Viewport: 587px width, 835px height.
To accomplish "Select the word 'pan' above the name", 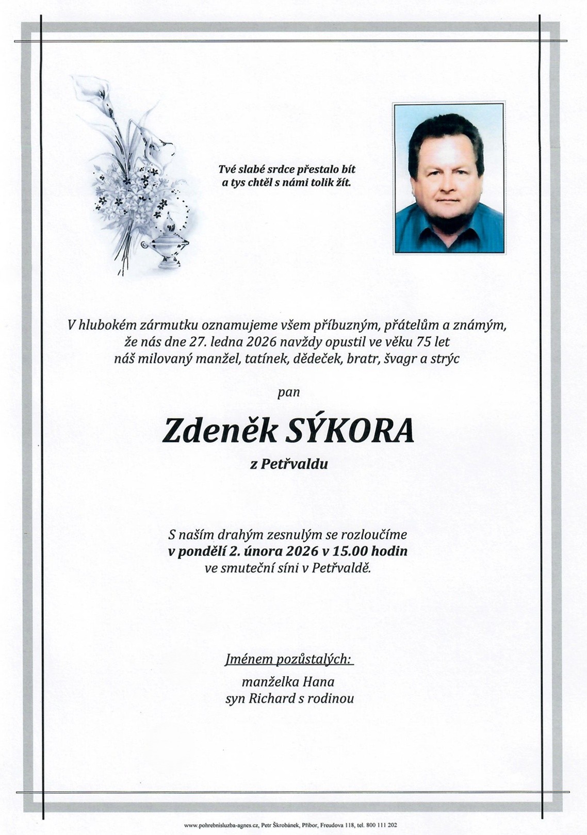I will [288, 392].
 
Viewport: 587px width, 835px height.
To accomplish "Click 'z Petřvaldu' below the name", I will [288, 465].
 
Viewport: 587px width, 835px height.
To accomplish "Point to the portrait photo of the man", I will [449, 178].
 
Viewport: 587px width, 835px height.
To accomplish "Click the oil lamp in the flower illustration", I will [166, 242].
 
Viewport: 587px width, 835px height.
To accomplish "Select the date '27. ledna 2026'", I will [234, 342].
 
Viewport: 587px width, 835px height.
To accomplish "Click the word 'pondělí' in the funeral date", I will [202, 552].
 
